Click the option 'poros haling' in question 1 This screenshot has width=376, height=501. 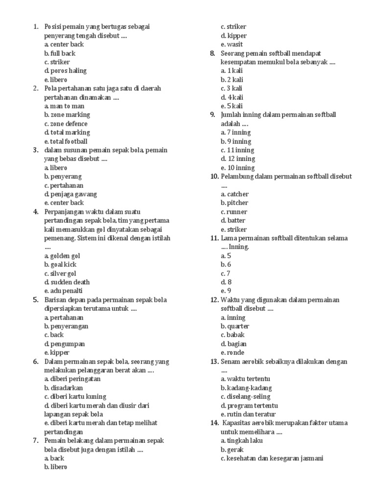pyautogui.click(x=65, y=71)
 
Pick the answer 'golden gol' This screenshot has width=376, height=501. pyautogui.click(x=62, y=256)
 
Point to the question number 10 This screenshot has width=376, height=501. pyautogui.click(x=214, y=177)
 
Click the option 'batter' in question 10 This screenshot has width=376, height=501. pyautogui.click(x=234, y=221)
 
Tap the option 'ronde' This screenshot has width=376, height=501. pyautogui.click(x=233, y=353)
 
